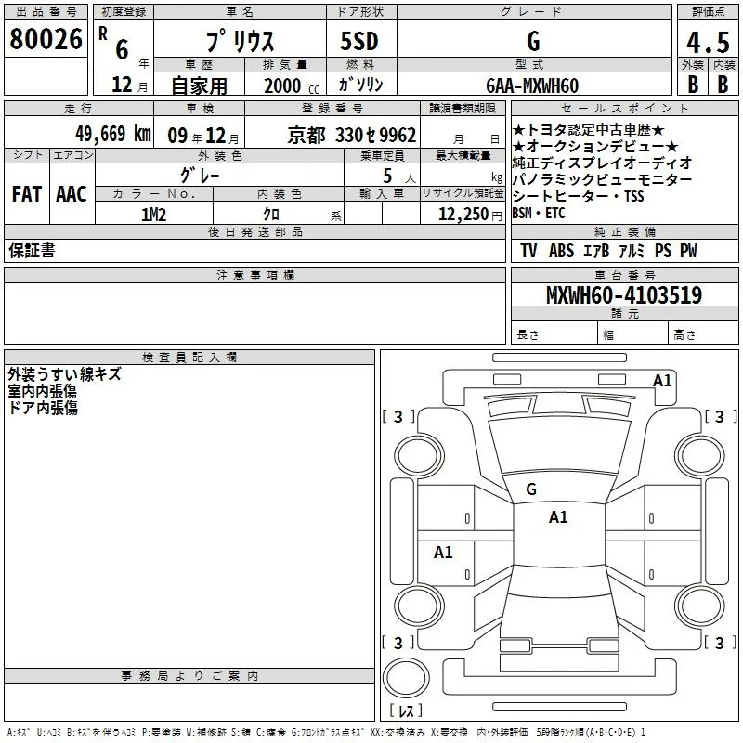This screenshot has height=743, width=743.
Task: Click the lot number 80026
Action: [46, 39]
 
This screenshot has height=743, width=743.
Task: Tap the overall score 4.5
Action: [708, 42]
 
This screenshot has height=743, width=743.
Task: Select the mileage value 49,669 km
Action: [113, 134]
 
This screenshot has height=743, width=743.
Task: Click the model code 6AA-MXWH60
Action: [532, 85]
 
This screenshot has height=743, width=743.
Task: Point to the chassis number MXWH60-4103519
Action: [624, 295]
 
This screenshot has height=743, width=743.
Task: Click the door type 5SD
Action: [359, 41]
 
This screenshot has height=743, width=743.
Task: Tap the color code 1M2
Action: [154, 215]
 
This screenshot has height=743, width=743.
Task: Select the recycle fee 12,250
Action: [463, 215]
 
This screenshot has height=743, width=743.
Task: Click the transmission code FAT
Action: [27, 194]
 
